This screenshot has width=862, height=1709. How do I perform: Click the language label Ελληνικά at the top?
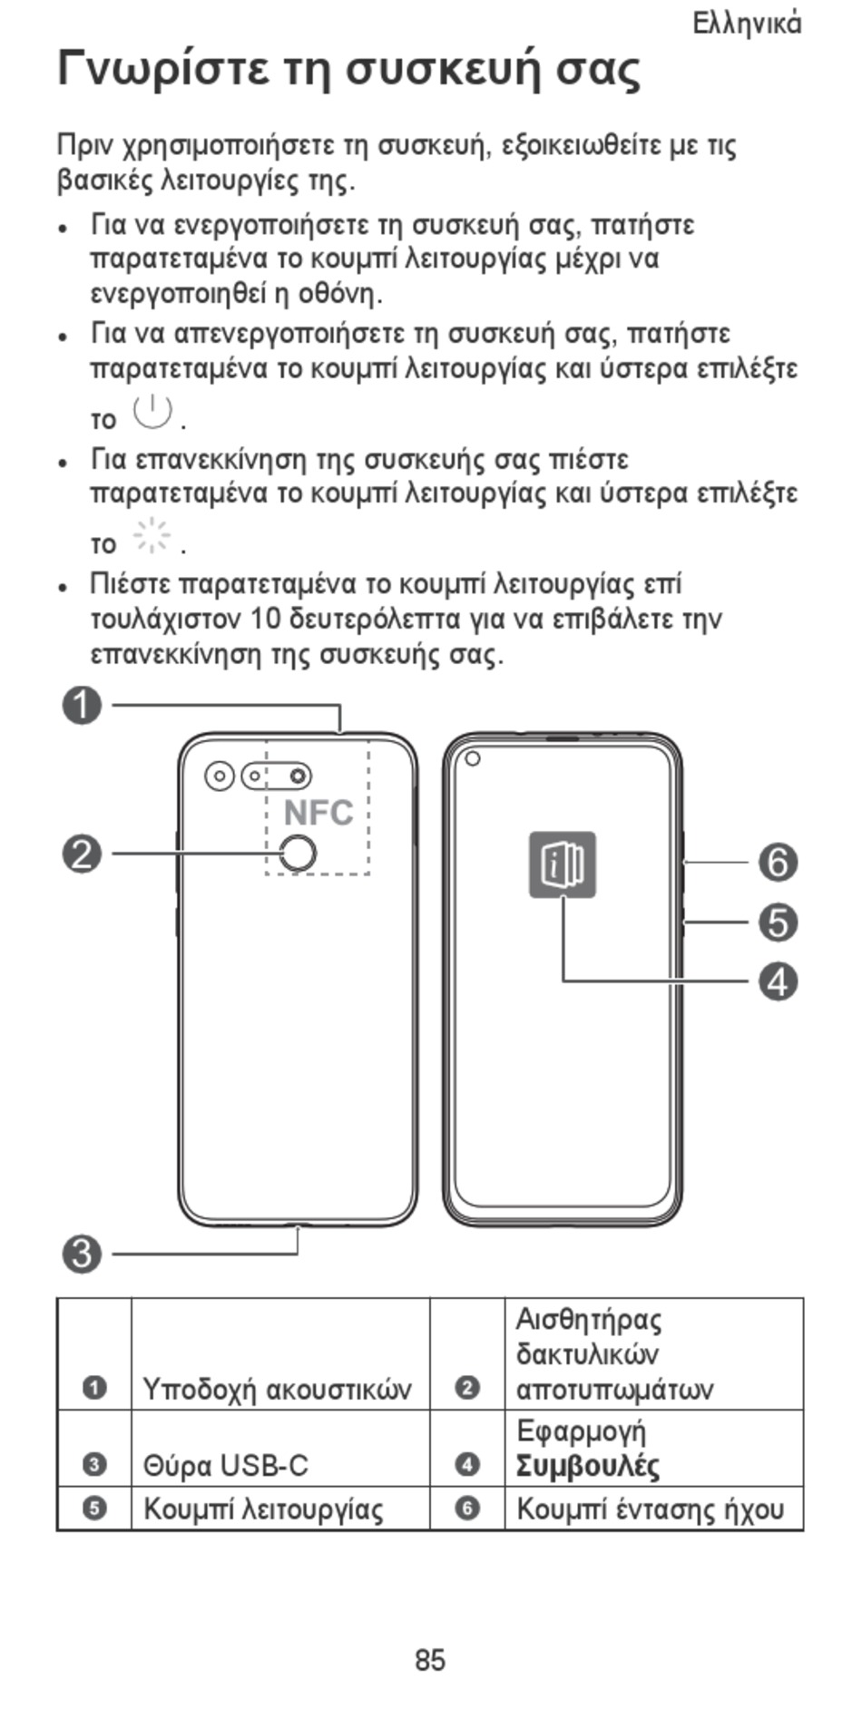click(747, 24)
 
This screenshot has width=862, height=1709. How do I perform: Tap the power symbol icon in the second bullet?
click(152, 413)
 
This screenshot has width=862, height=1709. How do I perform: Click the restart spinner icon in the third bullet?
click(152, 537)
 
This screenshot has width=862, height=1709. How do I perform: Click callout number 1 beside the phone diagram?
click(82, 706)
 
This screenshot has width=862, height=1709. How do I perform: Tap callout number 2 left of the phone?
click(82, 854)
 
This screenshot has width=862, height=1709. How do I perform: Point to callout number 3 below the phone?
click(82, 1255)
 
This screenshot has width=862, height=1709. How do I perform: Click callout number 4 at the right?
click(779, 981)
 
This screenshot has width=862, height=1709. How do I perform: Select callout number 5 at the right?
click(779, 923)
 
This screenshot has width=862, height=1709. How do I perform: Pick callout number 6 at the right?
click(779, 862)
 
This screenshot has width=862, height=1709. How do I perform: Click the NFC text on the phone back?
click(318, 813)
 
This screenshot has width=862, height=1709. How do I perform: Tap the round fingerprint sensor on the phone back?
click(297, 853)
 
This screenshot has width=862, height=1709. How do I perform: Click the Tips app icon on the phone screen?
click(563, 864)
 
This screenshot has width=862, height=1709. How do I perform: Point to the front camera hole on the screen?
click(472, 758)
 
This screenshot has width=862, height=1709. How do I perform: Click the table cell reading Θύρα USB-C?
click(227, 1465)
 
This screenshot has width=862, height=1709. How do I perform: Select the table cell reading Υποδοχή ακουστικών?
click(278, 1389)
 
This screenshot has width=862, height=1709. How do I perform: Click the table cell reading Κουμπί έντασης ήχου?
click(651, 1509)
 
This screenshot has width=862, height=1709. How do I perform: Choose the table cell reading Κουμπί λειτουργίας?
click(263, 1509)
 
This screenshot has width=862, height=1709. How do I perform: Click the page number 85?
click(430, 1660)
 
